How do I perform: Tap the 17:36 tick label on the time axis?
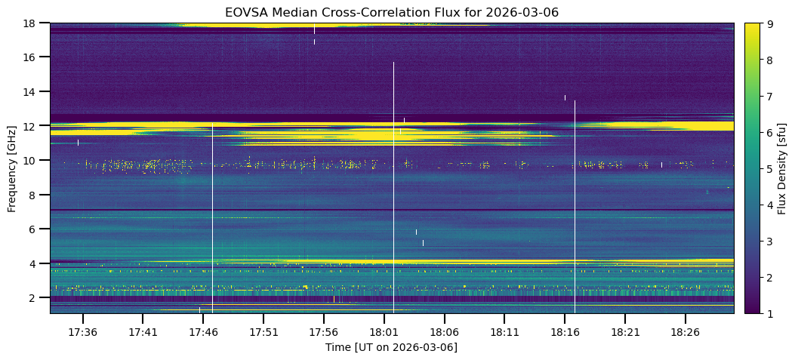[82, 332]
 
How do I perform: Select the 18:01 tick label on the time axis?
[384, 332]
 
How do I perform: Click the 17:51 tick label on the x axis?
[263, 332]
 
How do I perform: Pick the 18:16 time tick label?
[564, 332]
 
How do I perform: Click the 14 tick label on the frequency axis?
[31, 91]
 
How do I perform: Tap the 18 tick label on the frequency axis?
[31, 23]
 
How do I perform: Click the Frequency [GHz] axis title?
[12, 168]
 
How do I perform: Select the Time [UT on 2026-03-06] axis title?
[391, 347]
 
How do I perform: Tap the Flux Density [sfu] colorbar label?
[782, 168]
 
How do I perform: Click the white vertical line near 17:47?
[212, 219]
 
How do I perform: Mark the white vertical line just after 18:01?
[393, 189]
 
